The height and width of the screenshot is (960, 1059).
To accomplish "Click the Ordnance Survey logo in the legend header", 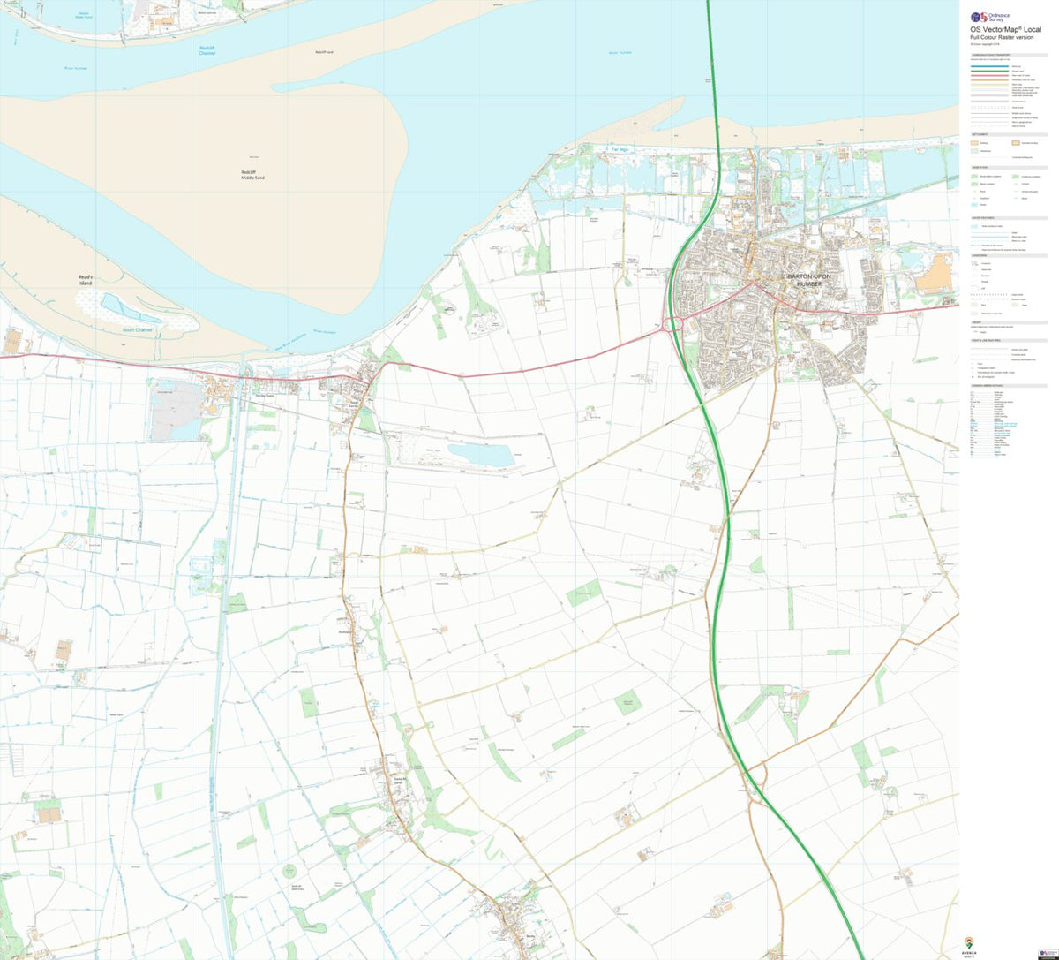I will pos(978,16).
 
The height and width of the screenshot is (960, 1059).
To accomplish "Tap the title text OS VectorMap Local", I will pos(1004,29).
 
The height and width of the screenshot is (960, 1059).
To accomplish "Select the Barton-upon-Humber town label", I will pos(803,279).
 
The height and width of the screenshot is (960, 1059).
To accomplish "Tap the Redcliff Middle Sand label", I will pos(252,175).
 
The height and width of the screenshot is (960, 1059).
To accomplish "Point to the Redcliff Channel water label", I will pos(207,50).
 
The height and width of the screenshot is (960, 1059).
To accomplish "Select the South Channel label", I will pos(137,330).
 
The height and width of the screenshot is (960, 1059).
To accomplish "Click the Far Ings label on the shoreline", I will pos(620,150).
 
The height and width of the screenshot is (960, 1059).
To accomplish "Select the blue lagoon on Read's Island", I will pos(130,308).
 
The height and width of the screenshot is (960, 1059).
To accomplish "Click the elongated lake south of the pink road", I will pos(480,455).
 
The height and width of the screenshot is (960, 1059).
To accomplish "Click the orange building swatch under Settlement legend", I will pos(976,142).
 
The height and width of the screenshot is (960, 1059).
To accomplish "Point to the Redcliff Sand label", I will pos(323,52).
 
